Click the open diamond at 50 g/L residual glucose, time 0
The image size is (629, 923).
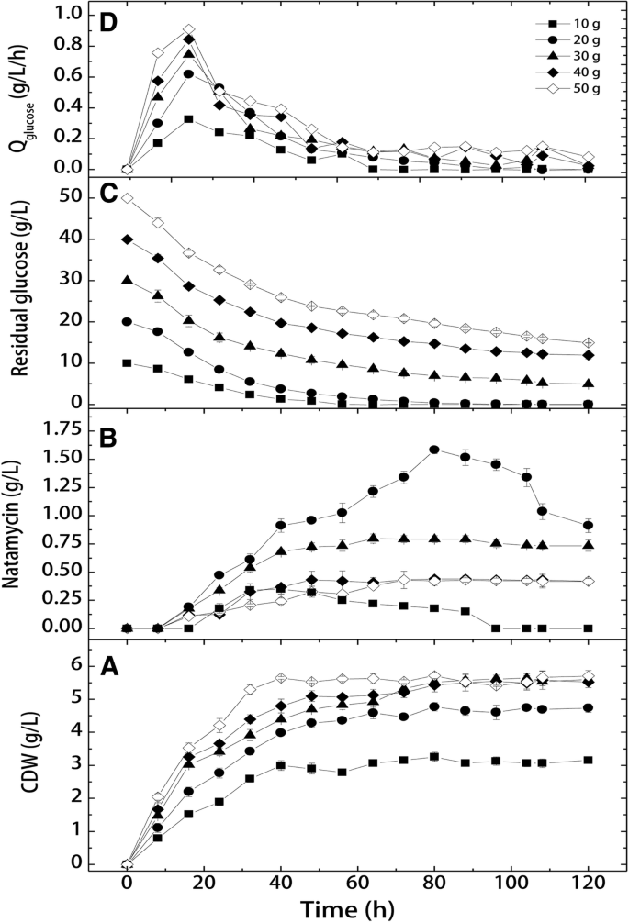pyautogui.click(x=127, y=198)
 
